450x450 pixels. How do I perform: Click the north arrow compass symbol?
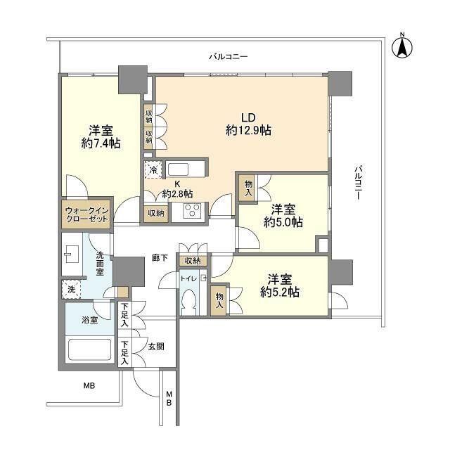[x=402, y=46]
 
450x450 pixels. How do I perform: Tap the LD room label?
[x=248, y=117]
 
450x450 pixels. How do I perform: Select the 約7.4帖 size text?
[x=101, y=143]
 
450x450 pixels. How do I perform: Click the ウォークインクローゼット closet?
[x=86, y=213]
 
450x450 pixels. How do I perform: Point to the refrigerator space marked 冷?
[x=153, y=169]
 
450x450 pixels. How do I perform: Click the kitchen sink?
[x=178, y=169]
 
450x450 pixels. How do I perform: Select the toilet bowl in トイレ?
[x=189, y=302]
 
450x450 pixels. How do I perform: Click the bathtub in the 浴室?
[x=89, y=350]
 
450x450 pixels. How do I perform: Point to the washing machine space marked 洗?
[x=72, y=289]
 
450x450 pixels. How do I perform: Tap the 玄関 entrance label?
[x=156, y=347]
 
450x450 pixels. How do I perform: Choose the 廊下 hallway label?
[x=160, y=258]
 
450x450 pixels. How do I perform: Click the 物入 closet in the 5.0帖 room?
[x=248, y=188]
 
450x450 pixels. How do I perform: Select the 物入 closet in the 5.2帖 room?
[x=219, y=300]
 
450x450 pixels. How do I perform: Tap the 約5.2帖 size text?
[x=280, y=292]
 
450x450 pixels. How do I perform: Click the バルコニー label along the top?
[x=228, y=56]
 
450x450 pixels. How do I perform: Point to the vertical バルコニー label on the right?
[x=358, y=182]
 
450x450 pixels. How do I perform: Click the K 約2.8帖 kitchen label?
[x=177, y=189]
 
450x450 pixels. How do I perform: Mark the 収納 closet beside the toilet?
[x=193, y=261]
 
